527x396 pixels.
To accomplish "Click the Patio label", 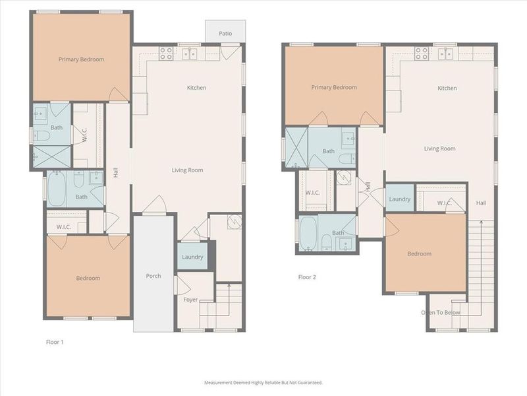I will click(x=225, y=33).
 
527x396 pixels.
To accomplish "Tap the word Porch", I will click(x=153, y=276).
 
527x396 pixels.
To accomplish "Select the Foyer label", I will click(x=190, y=300).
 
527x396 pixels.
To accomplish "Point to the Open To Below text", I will click(x=441, y=312).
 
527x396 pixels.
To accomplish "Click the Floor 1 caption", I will click(x=55, y=342).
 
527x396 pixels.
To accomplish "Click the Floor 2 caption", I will click(x=307, y=277).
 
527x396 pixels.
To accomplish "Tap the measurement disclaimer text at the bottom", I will click(x=263, y=382).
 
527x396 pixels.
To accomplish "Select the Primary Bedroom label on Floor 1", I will click(x=81, y=59).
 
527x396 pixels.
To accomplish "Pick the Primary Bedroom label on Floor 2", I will click(x=334, y=87).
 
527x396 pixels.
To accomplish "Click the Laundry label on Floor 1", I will click(x=192, y=257).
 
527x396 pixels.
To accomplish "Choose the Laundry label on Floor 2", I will click(x=400, y=199).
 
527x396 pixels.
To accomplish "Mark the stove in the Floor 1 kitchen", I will click(x=166, y=53).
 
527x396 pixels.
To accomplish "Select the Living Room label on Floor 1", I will click(x=187, y=170).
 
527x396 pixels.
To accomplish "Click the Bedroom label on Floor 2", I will click(x=419, y=253).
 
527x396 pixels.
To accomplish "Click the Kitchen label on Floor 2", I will click(x=447, y=88).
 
